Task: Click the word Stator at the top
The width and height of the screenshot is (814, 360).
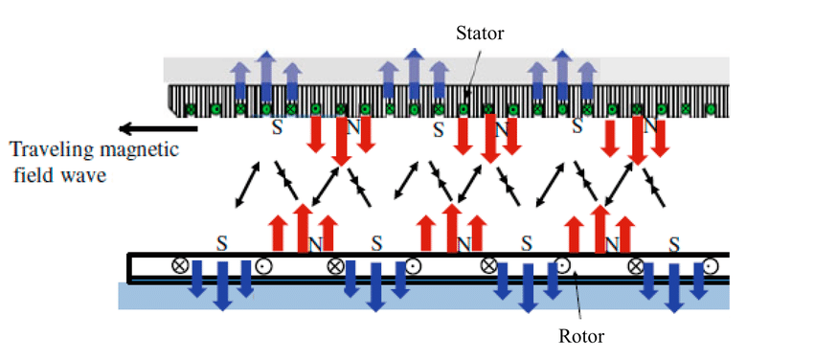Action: click(x=480, y=34)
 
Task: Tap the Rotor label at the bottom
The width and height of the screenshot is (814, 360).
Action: click(x=581, y=336)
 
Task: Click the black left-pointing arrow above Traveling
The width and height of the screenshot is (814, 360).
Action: click(x=158, y=128)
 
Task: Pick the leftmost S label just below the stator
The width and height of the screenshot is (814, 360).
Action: click(x=278, y=127)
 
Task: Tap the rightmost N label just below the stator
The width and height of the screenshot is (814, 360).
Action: click(x=650, y=127)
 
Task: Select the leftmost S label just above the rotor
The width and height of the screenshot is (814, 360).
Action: click(x=222, y=243)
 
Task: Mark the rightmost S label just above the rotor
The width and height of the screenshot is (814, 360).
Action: click(x=674, y=243)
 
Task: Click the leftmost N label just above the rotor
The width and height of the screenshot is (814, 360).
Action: click(x=315, y=244)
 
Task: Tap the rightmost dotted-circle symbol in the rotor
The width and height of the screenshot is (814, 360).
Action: click(x=711, y=266)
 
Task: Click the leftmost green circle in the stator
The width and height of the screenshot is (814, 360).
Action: click(x=191, y=109)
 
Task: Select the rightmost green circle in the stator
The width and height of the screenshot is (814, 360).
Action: click(x=711, y=109)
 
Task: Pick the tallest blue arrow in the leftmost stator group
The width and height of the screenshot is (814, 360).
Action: click(x=266, y=76)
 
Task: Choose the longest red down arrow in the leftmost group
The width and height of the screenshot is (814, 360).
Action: click(x=341, y=141)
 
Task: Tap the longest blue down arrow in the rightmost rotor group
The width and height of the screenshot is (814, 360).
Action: click(x=673, y=287)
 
